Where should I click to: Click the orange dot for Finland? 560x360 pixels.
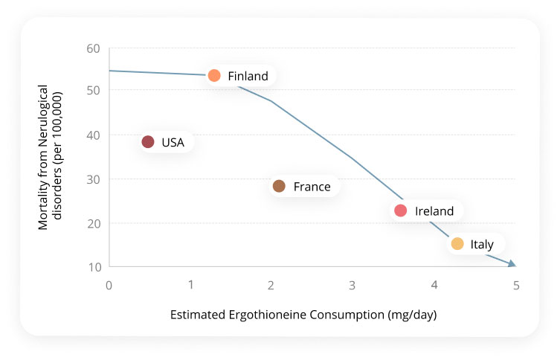[x=214, y=75]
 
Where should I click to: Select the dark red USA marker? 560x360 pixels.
[x=148, y=142]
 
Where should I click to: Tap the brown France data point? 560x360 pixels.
[x=279, y=186]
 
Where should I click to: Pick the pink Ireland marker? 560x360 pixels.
[x=401, y=210]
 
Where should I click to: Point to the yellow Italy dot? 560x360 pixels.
[x=457, y=244]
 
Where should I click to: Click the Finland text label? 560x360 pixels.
[x=248, y=76]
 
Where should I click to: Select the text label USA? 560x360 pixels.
[x=173, y=142]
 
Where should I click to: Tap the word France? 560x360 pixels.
[x=312, y=187]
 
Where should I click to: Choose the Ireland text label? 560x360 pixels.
[x=434, y=211]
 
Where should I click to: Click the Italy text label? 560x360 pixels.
[x=482, y=245]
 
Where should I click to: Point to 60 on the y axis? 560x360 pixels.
[x=94, y=48]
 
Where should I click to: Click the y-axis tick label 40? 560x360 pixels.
[x=94, y=135]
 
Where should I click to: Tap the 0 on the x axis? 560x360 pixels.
[x=109, y=285]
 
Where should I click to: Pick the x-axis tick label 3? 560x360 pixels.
[x=353, y=285]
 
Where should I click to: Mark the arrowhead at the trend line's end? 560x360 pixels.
[x=512, y=263]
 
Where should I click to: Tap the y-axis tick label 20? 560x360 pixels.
[x=94, y=223]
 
